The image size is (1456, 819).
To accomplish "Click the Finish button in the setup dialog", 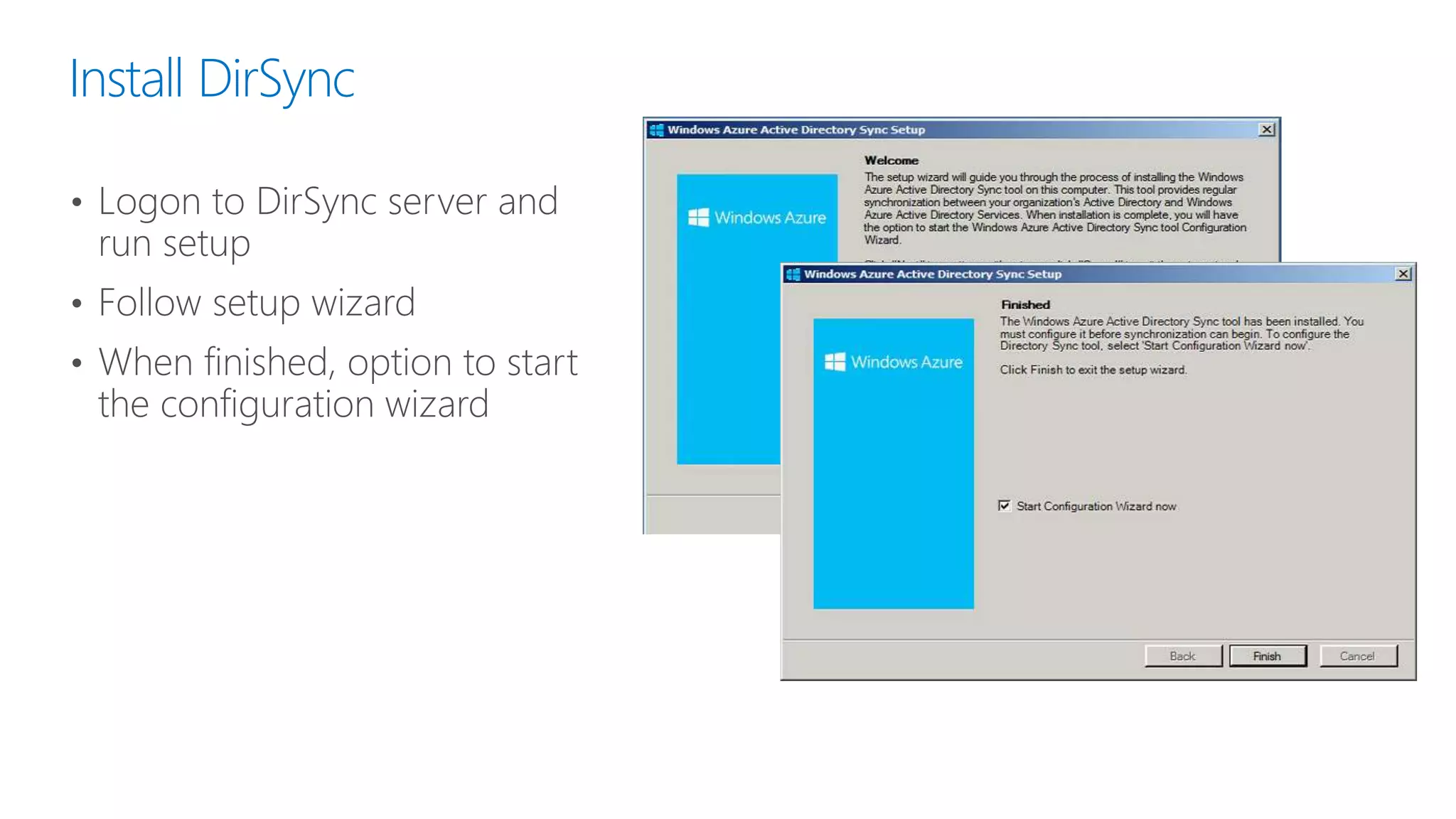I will coord(1267,655).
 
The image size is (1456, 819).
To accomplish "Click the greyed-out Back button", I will coord(1182,655).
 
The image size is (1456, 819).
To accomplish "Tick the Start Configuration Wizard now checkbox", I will coord(1004,505).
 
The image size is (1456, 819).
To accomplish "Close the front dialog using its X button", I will coord(1403,274).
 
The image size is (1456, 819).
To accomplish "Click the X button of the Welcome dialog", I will coord(1266,129).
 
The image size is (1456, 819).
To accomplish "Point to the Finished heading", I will coord(1025,304).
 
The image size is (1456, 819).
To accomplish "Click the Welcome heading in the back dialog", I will coord(891,160).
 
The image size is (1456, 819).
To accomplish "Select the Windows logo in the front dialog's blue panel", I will coord(835,362).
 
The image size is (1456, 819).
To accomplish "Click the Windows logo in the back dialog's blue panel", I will coord(698,218).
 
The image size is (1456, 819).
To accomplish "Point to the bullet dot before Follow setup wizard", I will coord(77,304).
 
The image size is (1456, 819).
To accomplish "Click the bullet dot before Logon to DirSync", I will coord(77,203).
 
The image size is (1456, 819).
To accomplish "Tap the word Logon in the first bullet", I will coord(149,203).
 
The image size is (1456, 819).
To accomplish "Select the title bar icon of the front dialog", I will coord(793,274).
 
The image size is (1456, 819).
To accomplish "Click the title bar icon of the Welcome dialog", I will coord(656,129).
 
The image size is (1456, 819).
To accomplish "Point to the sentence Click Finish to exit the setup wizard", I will coord(1093,370).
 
